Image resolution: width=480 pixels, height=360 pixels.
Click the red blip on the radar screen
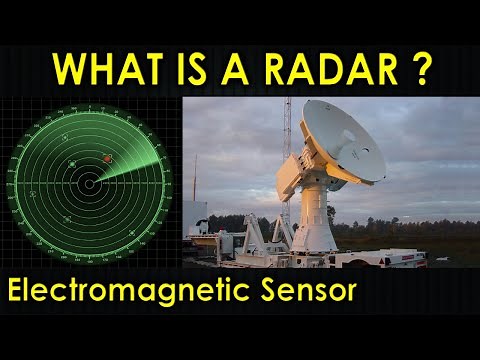107,158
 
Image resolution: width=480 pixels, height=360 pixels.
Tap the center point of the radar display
89,184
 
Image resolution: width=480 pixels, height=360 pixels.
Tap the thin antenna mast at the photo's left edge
196,180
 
